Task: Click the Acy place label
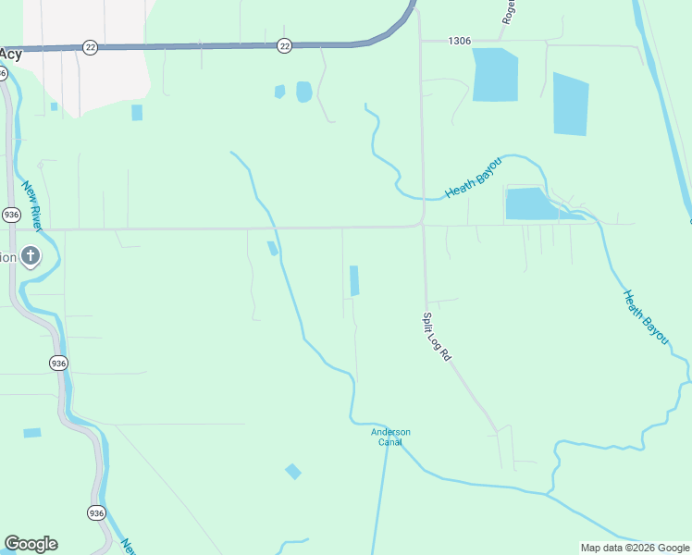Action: [x=11, y=54]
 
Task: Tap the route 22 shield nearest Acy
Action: [x=90, y=47]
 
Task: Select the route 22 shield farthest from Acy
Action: [x=284, y=45]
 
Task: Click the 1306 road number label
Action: [x=459, y=41]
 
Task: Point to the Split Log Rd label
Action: [x=436, y=336]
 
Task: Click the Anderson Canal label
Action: [x=390, y=437]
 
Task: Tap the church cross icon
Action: [x=31, y=255]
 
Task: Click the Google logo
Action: [x=31, y=544]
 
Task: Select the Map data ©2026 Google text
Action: [x=635, y=548]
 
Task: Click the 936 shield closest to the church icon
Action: [x=11, y=215]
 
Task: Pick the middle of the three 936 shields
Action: [x=58, y=362]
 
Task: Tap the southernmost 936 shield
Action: [x=97, y=512]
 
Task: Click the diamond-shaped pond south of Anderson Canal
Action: [x=293, y=472]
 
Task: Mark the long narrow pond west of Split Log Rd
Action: [x=354, y=280]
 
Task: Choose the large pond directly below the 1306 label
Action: [x=495, y=75]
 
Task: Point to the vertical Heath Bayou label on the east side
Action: [x=645, y=317]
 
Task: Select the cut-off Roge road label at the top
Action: [x=509, y=11]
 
